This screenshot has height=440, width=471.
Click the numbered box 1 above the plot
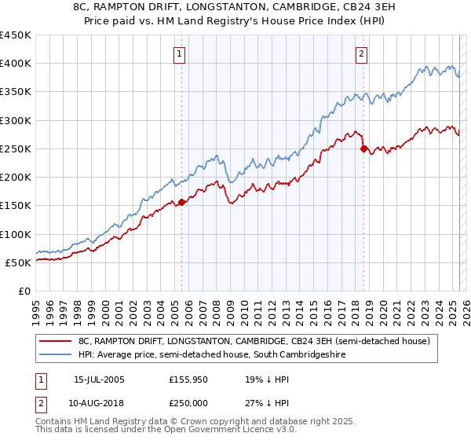[181, 54]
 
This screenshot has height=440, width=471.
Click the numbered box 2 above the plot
[361, 54]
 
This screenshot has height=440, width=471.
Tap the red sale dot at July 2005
[181, 202]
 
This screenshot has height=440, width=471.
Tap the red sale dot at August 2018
[363, 148]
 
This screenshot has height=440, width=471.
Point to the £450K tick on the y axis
[16, 35]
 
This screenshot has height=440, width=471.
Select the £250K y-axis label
[16, 148]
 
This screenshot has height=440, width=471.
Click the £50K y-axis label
[19, 262]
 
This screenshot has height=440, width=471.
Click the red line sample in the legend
[56, 342]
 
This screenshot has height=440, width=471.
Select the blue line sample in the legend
[56, 355]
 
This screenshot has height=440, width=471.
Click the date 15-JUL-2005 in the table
[99, 379]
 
